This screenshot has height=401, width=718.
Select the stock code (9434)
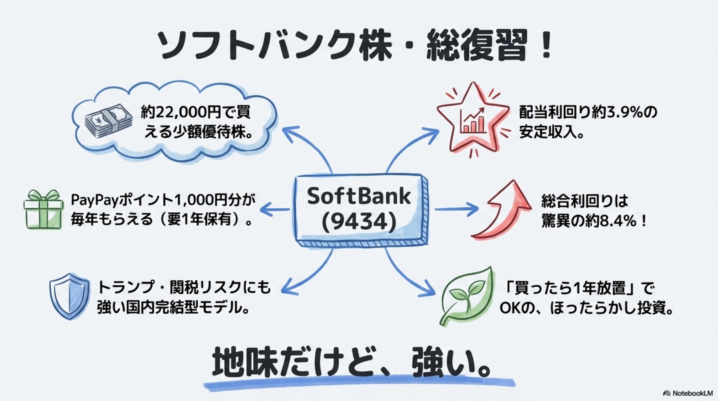click(359, 222)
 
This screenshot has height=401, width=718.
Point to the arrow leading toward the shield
click(309, 274)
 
